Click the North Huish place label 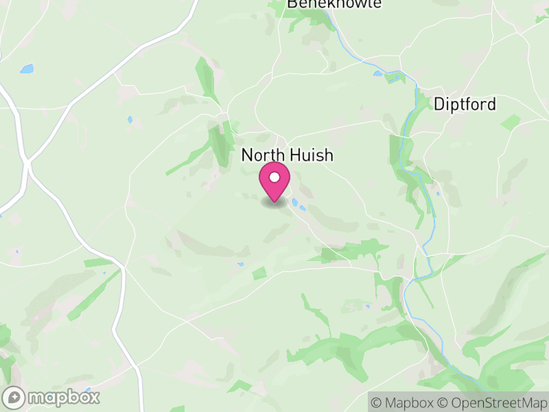tap(287, 155)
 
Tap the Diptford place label tap(464, 104)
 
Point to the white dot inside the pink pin tap(274, 178)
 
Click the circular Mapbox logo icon tap(14, 397)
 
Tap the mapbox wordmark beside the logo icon tap(63, 397)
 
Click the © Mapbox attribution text tap(404, 402)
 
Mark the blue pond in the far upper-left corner tap(27, 69)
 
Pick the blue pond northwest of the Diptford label tap(379, 73)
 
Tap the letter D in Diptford tap(439, 104)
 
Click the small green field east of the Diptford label tap(511, 122)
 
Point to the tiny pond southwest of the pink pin tap(241, 264)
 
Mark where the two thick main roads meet tap(27, 163)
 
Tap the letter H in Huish tap(288, 155)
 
